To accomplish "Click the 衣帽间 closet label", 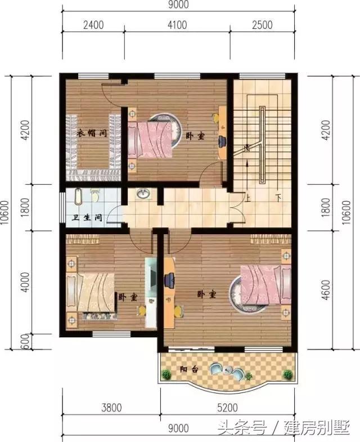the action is [92, 133].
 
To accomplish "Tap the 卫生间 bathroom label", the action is [87, 217].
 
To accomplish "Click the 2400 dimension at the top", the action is [93, 25].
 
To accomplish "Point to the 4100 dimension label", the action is [177, 25].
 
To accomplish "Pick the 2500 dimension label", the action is [262, 25].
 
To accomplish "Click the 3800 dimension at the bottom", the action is [111, 408].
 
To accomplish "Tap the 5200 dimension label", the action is [228, 408].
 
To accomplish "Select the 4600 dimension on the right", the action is [326, 290].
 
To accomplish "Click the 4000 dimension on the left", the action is [25, 282].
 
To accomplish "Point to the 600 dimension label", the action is [25, 342].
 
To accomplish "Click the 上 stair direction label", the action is [247, 198].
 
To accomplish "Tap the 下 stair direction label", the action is [278, 198].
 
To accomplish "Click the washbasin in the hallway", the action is [143, 194].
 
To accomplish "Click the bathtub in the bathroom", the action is [78, 197].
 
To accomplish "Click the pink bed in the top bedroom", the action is [150, 139].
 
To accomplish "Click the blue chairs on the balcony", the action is [227, 371].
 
